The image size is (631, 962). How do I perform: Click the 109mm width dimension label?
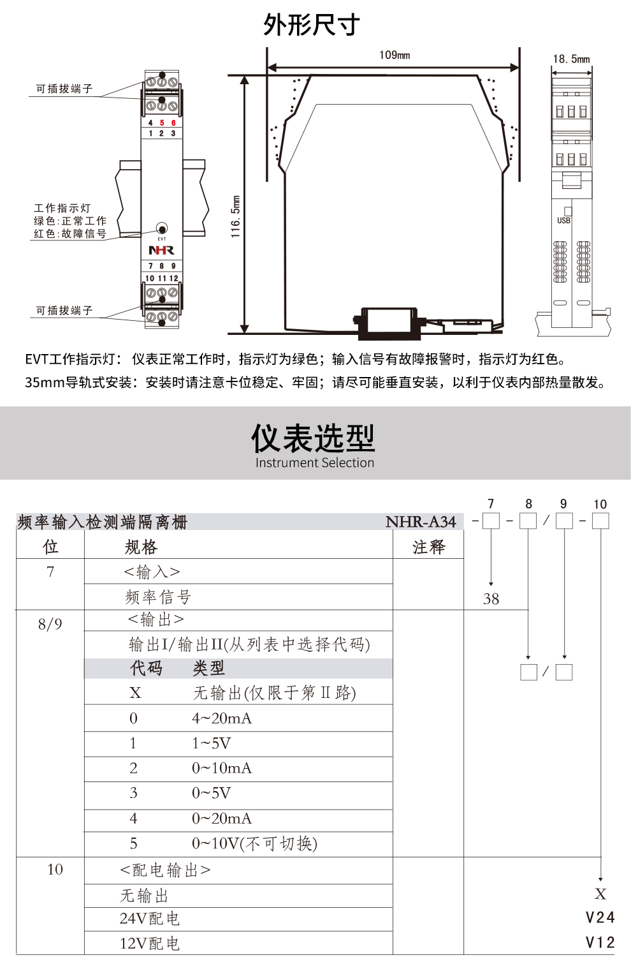tap(394, 56)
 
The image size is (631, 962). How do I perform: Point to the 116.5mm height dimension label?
tap(236, 217)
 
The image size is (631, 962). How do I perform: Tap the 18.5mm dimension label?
tap(571, 59)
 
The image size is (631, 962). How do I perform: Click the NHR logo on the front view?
tap(161, 251)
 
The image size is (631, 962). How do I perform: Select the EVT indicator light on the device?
tap(162, 228)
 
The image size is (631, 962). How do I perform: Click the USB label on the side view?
tap(563, 221)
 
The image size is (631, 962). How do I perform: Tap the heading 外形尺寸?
tap(312, 26)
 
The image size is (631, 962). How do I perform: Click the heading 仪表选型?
tap(313, 438)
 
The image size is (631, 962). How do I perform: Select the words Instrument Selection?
tap(314, 463)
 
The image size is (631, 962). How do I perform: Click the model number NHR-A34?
tap(421, 522)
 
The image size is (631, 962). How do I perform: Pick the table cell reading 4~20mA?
tap(222, 718)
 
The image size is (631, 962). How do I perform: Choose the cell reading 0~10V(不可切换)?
tap(254, 843)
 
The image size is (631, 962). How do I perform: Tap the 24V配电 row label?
tap(150, 919)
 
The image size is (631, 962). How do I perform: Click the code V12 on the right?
tap(600, 942)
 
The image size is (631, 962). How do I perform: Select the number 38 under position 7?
tap(491, 599)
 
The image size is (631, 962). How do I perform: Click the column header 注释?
tap(428, 547)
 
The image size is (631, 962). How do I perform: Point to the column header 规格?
tap(141, 547)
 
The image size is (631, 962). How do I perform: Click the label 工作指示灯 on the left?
tap(62, 208)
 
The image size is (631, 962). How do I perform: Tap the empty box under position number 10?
tap(600, 521)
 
